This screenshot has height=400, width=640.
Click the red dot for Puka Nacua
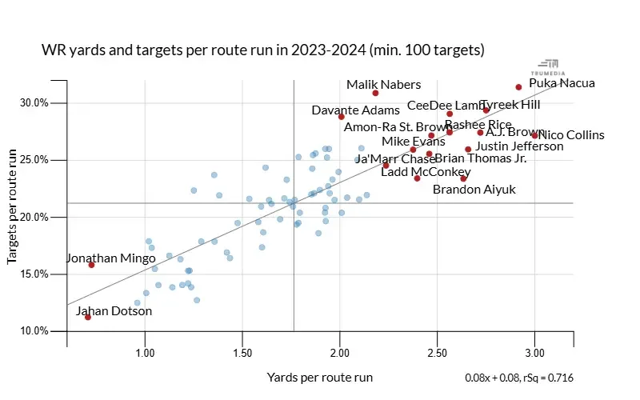pos(518,87)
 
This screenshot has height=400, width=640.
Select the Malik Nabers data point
pos(375,93)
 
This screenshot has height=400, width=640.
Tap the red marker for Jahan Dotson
pos(88,317)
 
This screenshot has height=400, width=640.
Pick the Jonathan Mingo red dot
pos(91,265)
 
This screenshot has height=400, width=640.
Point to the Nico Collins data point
pos(534,135)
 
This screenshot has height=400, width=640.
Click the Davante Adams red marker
pos(341,117)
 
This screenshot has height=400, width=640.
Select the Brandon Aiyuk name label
pos(474,190)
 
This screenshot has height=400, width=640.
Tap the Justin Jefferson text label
pos(519,146)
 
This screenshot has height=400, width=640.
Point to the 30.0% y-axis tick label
pos(35,103)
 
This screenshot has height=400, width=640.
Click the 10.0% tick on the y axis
pos(35,331)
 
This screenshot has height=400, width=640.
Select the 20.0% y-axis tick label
pos(35,218)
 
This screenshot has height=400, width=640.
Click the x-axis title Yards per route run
pos(319,377)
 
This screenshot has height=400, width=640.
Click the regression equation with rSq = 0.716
pos(518,378)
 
